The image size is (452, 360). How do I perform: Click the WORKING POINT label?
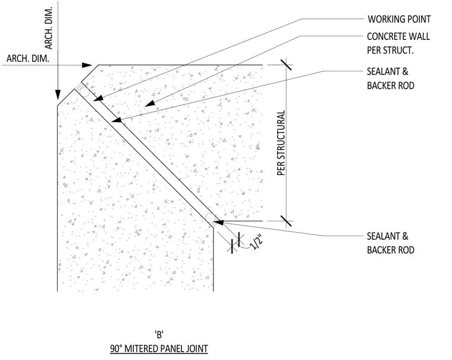(x=399, y=19)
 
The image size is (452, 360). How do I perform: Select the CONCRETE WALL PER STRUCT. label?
(x=398, y=43)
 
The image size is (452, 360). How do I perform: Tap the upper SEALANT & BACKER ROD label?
(x=391, y=79)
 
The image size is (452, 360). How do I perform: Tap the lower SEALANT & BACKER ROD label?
(x=391, y=243)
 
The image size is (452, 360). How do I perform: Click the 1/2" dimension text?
(x=256, y=242)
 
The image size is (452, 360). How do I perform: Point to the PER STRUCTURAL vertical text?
(x=281, y=143)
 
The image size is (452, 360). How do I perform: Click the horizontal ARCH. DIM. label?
(x=28, y=58)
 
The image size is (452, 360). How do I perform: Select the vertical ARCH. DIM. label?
(x=49, y=29)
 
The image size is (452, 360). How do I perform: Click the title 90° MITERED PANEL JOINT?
(x=159, y=349)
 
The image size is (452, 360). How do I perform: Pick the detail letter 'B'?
(x=159, y=334)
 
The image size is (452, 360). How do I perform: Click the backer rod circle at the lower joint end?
(x=210, y=218)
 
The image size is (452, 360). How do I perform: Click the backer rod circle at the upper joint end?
(x=84, y=92)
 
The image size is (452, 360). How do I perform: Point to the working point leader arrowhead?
(x=98, y=98)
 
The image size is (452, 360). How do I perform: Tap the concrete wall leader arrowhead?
(x=150, y=104)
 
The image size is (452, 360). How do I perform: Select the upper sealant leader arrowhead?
(x=117, y=120)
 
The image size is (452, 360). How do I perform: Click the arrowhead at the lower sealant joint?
(x=218, y=223)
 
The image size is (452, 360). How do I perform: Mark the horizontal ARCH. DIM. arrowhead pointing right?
(x=87, y=65)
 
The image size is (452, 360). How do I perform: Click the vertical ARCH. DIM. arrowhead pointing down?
(x=58, y=95)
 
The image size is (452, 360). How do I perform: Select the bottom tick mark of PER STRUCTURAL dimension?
(x=286, y=221)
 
